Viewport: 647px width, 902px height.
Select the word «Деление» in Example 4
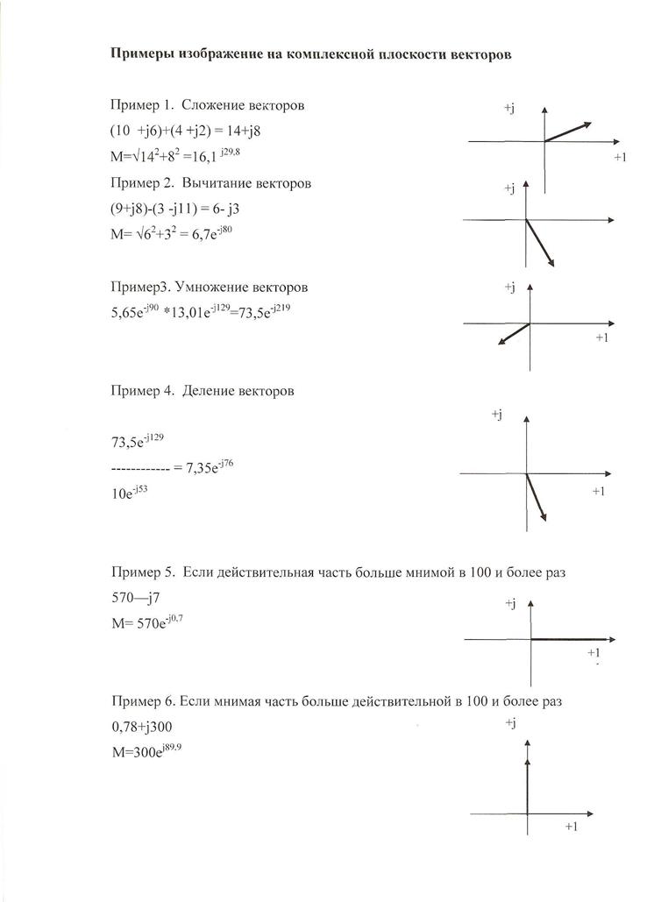click(x=208, y=391)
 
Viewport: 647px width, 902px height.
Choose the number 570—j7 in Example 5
click(x=136, y=597)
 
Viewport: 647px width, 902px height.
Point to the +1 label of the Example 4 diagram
click(x=599, y=491)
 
